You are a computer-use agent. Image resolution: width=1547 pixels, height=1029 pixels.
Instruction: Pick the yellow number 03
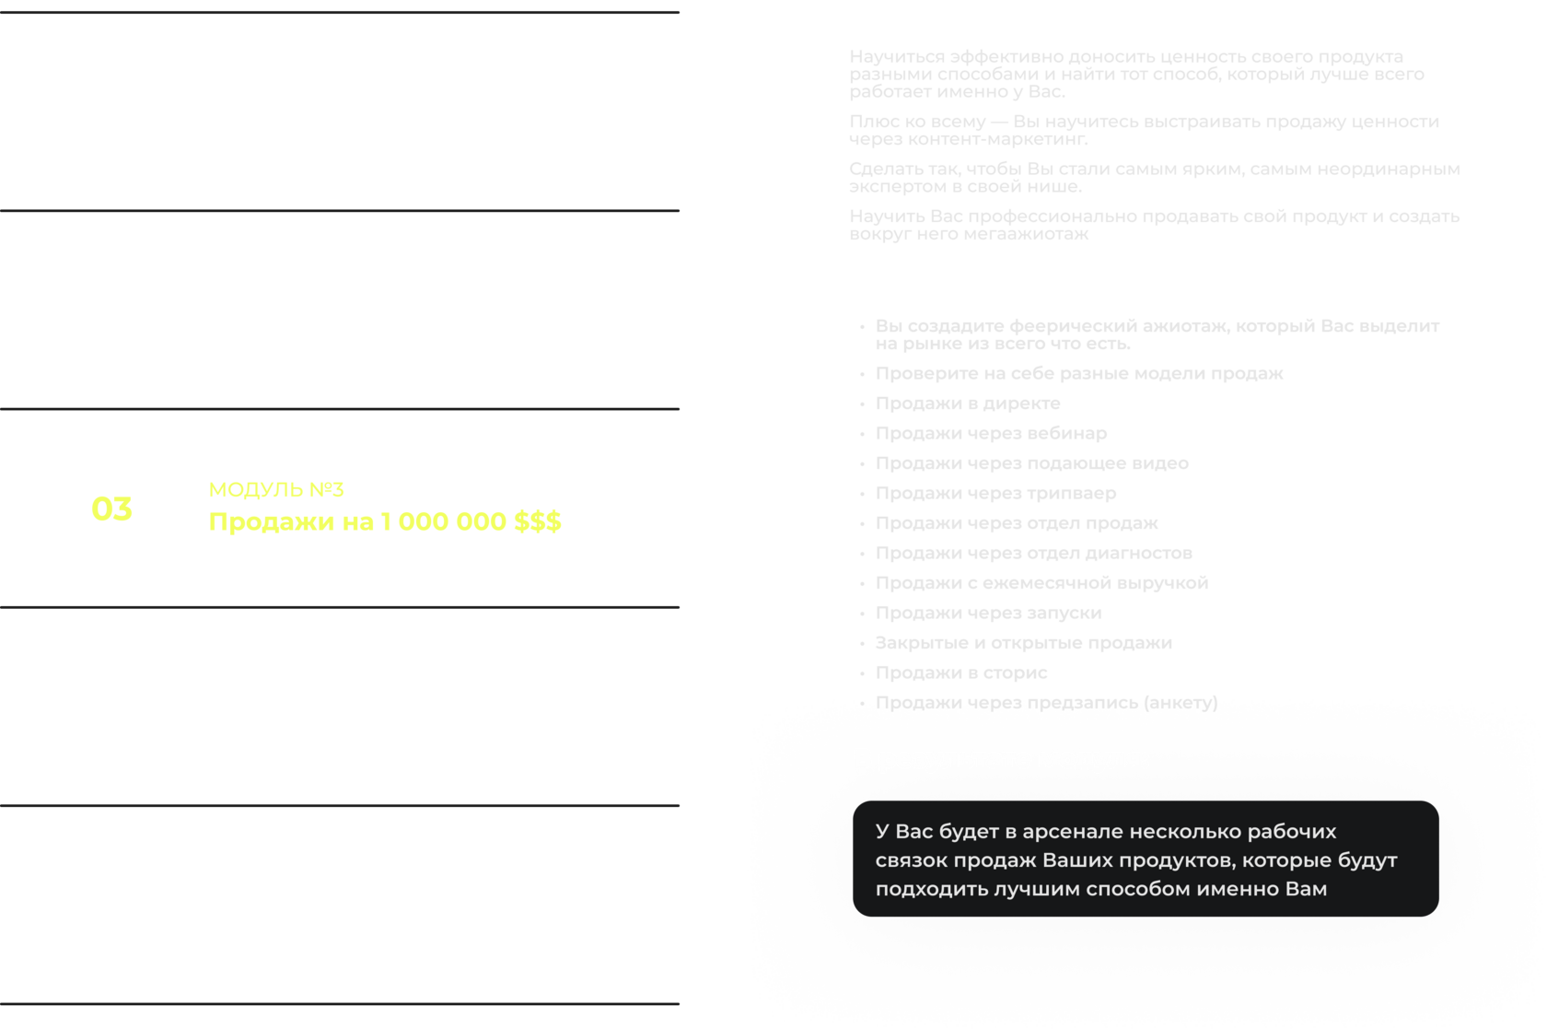click(111, 509)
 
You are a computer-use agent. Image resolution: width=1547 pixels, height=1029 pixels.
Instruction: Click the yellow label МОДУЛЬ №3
click(276, 490)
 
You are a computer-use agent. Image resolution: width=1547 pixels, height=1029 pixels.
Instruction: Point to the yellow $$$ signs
click(537, 522)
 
